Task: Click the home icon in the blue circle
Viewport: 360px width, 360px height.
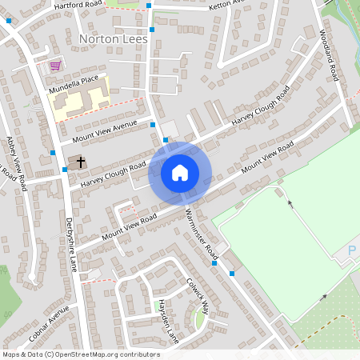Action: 179,172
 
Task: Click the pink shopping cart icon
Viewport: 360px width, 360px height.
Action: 55,66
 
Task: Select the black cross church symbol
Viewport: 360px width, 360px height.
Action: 81,162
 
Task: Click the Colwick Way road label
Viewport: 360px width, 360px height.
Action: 197,295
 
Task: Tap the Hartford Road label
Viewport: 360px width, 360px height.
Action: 78,5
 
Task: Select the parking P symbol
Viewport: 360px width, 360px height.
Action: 353,252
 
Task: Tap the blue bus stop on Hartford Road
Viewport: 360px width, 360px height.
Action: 149,6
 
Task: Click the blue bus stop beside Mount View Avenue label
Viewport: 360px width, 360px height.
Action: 152,125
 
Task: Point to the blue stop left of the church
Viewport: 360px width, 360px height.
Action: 65,170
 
